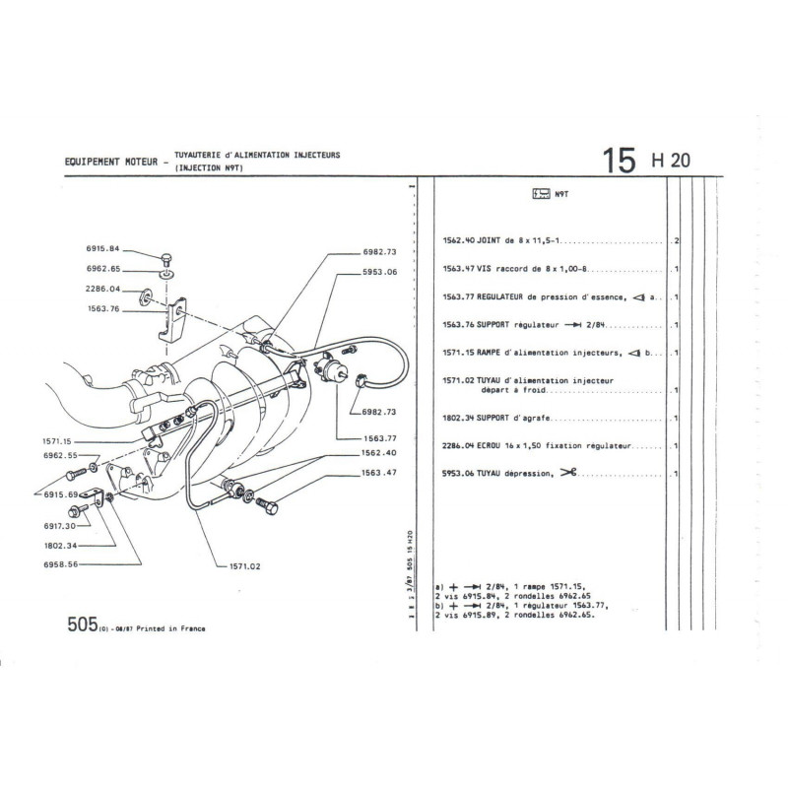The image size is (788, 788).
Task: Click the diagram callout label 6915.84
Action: point(103,249)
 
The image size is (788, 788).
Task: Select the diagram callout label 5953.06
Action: point(380,272)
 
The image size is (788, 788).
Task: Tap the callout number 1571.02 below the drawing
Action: point(245,566)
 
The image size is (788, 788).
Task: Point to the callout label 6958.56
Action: point(61,564)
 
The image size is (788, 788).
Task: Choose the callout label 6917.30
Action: point(60,526)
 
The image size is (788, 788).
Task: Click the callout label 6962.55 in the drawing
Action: point(60,455)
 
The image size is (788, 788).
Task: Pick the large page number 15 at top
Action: point(620,161)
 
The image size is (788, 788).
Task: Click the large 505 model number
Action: point(83,624)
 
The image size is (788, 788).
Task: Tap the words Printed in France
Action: point(170,628)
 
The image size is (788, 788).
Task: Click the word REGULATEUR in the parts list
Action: point(499,297)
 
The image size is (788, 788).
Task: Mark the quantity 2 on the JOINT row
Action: point(676,240)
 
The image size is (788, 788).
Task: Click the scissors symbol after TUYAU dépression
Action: point(568,473)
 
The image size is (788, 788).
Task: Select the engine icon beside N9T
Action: point(541,193)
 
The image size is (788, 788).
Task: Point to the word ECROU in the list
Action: point(488,446)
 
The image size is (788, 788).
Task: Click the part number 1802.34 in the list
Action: point(458,418)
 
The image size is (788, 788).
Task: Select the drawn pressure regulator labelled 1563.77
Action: point(330,371)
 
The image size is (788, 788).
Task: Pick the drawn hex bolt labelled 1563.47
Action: point(268,505)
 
